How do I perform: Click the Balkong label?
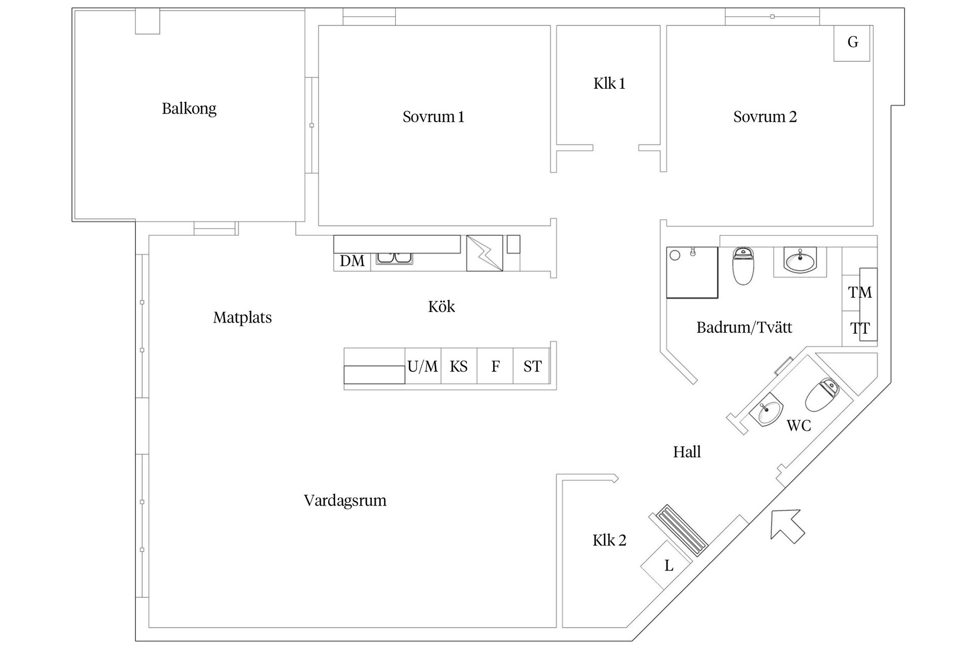coord(189,109)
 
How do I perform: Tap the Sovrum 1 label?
coord(433,117)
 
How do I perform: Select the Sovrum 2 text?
coord(764,117)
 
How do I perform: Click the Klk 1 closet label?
coord(609,83)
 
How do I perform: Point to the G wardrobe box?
coord(852,42)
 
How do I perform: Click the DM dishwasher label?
coord(352,261)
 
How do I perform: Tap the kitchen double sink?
coord(394,259)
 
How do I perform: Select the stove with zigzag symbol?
coord(484,253)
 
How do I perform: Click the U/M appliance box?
coord(423,366)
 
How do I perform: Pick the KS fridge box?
coord(459,366)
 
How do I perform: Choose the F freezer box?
coord(495,366)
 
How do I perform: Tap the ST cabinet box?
coord(532,366)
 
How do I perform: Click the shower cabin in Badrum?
coord(692,272)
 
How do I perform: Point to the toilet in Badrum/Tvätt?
coord(743,266)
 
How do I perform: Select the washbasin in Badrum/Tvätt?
coord(800,261)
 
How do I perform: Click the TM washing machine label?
coord(860,293)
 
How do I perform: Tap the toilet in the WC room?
coord(821,395)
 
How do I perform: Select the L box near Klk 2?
coord(668,565)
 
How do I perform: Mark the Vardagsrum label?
coord(345,500)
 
